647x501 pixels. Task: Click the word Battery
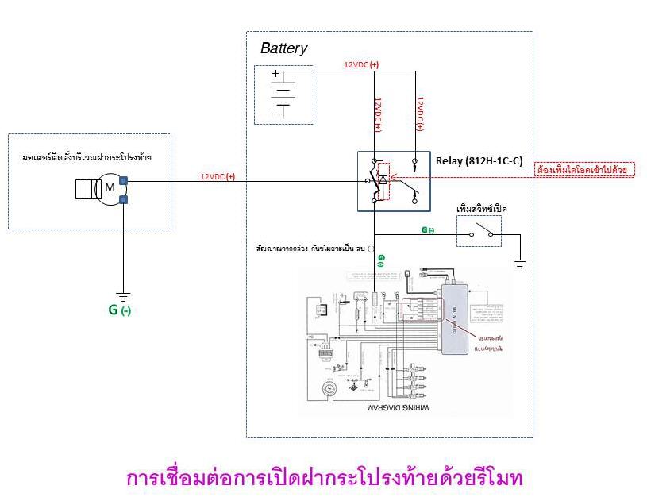283,48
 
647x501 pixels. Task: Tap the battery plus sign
275,75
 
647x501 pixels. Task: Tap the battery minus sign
275,113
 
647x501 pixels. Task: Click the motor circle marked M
110,189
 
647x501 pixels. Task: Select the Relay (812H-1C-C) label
479,160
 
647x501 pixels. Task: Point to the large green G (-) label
119,310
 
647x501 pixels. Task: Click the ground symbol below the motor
123,294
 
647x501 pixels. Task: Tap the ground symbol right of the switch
520,263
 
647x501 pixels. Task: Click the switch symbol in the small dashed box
479,232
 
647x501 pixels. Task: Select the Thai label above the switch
482,208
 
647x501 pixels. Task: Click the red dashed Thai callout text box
581,170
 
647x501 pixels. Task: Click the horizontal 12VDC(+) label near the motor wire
218,176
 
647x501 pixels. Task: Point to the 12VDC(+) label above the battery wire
361,64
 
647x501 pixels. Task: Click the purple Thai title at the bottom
324,479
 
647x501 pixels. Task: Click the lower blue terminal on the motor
124,198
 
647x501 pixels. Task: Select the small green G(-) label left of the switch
427,230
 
